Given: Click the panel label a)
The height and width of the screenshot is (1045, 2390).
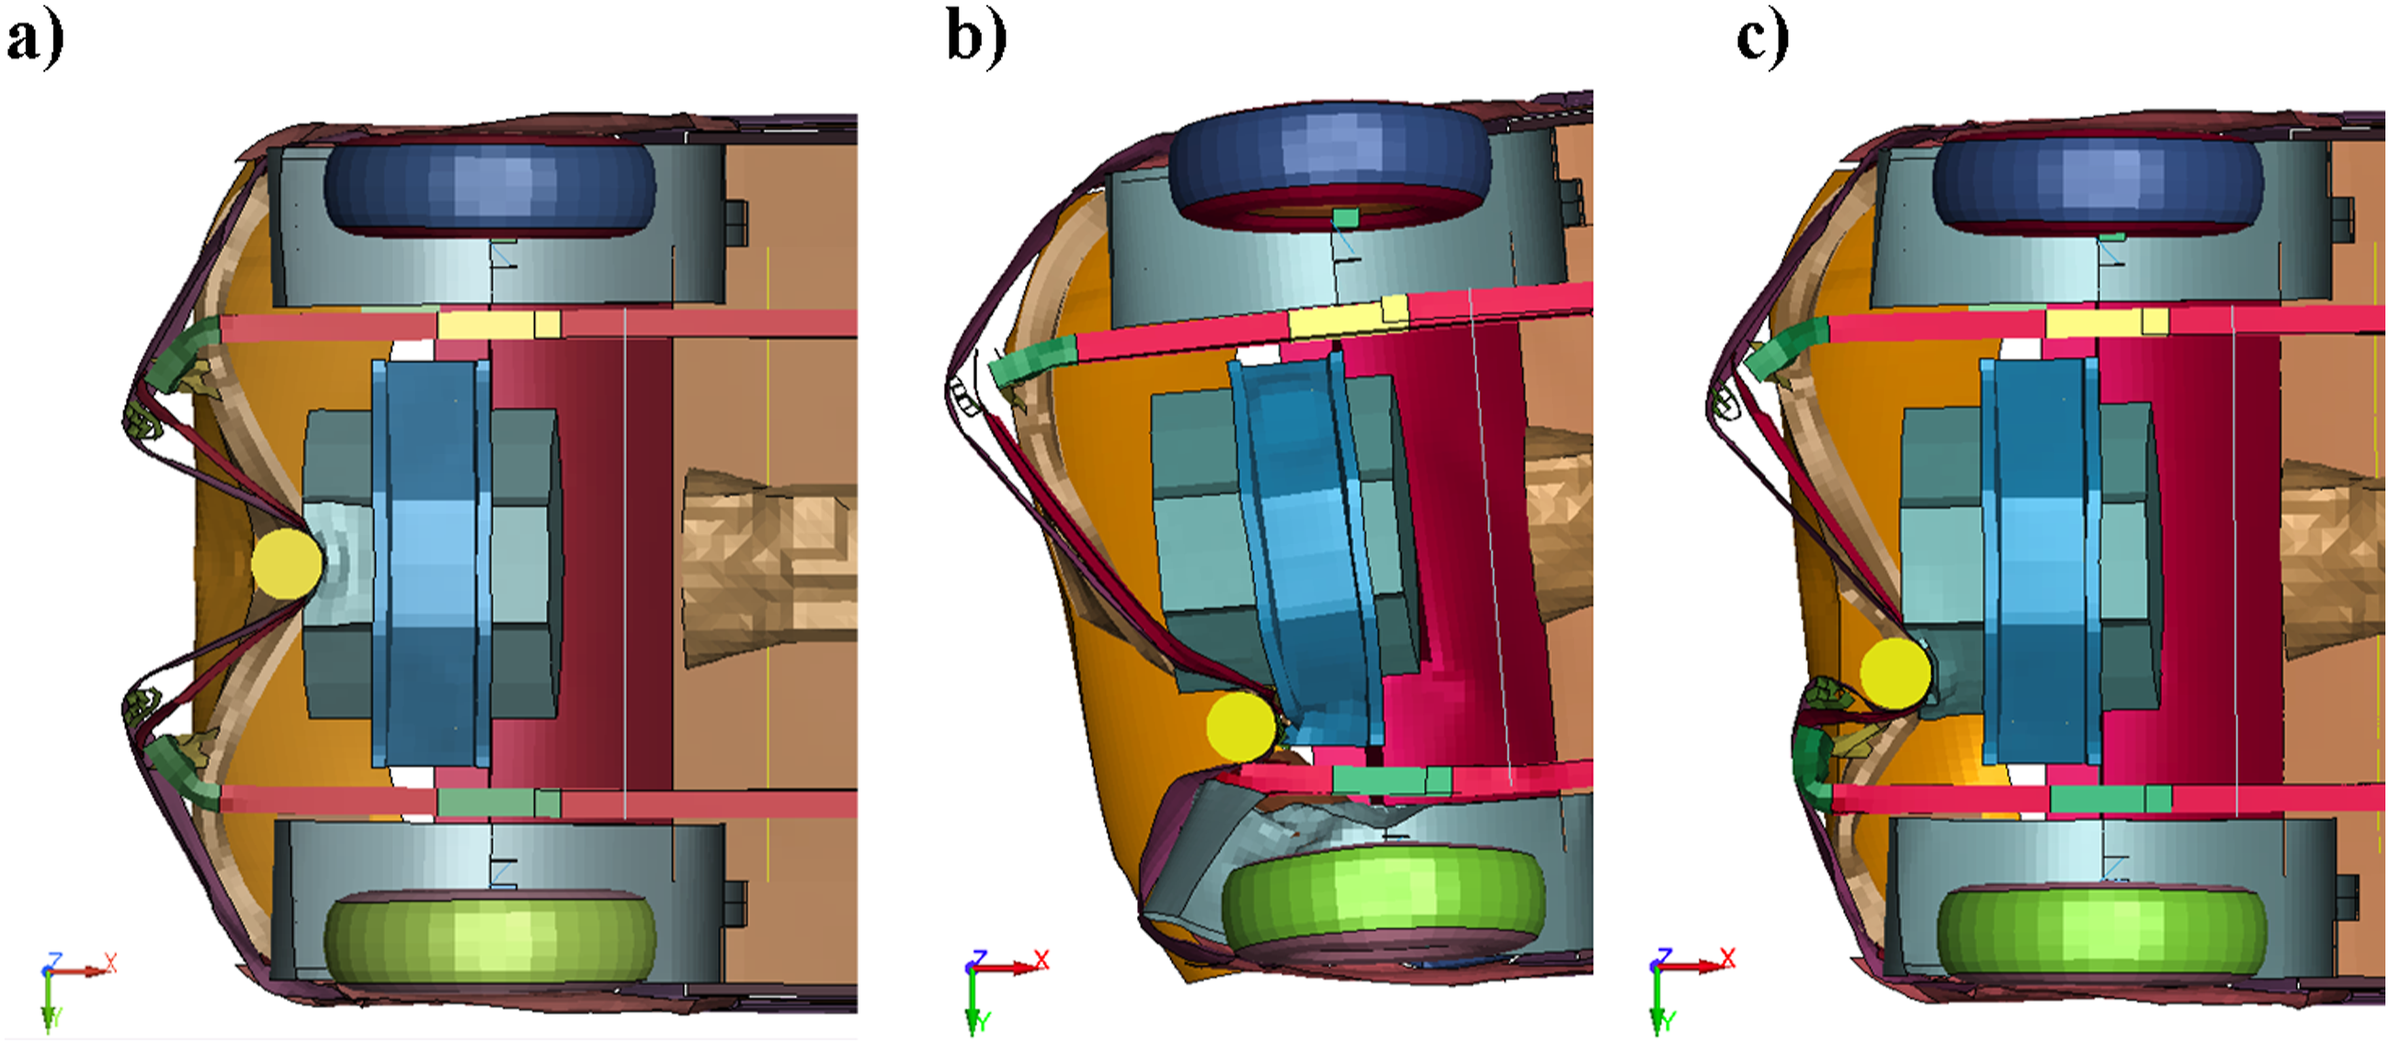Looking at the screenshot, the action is click(35, 40).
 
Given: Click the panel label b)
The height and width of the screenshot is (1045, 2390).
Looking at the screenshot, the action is click(976, 40).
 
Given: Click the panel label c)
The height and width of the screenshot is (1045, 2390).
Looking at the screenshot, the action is click(1762, 40).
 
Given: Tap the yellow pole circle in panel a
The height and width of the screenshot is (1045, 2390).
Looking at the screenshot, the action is click(287, 563).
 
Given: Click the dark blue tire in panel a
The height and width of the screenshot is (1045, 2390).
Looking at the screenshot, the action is click(490, 187).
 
